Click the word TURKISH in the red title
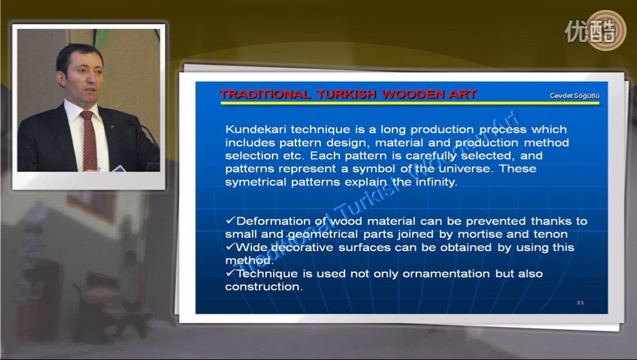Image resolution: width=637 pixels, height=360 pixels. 346,94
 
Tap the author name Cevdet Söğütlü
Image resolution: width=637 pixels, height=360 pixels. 574,96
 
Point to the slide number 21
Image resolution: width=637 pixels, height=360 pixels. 580,302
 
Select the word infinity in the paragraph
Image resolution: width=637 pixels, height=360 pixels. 436,182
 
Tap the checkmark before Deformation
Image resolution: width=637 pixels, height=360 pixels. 231,220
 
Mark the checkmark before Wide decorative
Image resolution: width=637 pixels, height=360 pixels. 231,247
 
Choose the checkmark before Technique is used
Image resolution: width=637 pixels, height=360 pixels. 231,272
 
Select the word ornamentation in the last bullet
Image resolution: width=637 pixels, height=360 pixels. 446,274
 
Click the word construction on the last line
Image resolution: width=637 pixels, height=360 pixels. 264,287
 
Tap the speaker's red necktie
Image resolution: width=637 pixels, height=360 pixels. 89,139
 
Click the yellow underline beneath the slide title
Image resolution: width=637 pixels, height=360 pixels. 409,103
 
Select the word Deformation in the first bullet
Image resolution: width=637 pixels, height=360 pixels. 273,221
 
